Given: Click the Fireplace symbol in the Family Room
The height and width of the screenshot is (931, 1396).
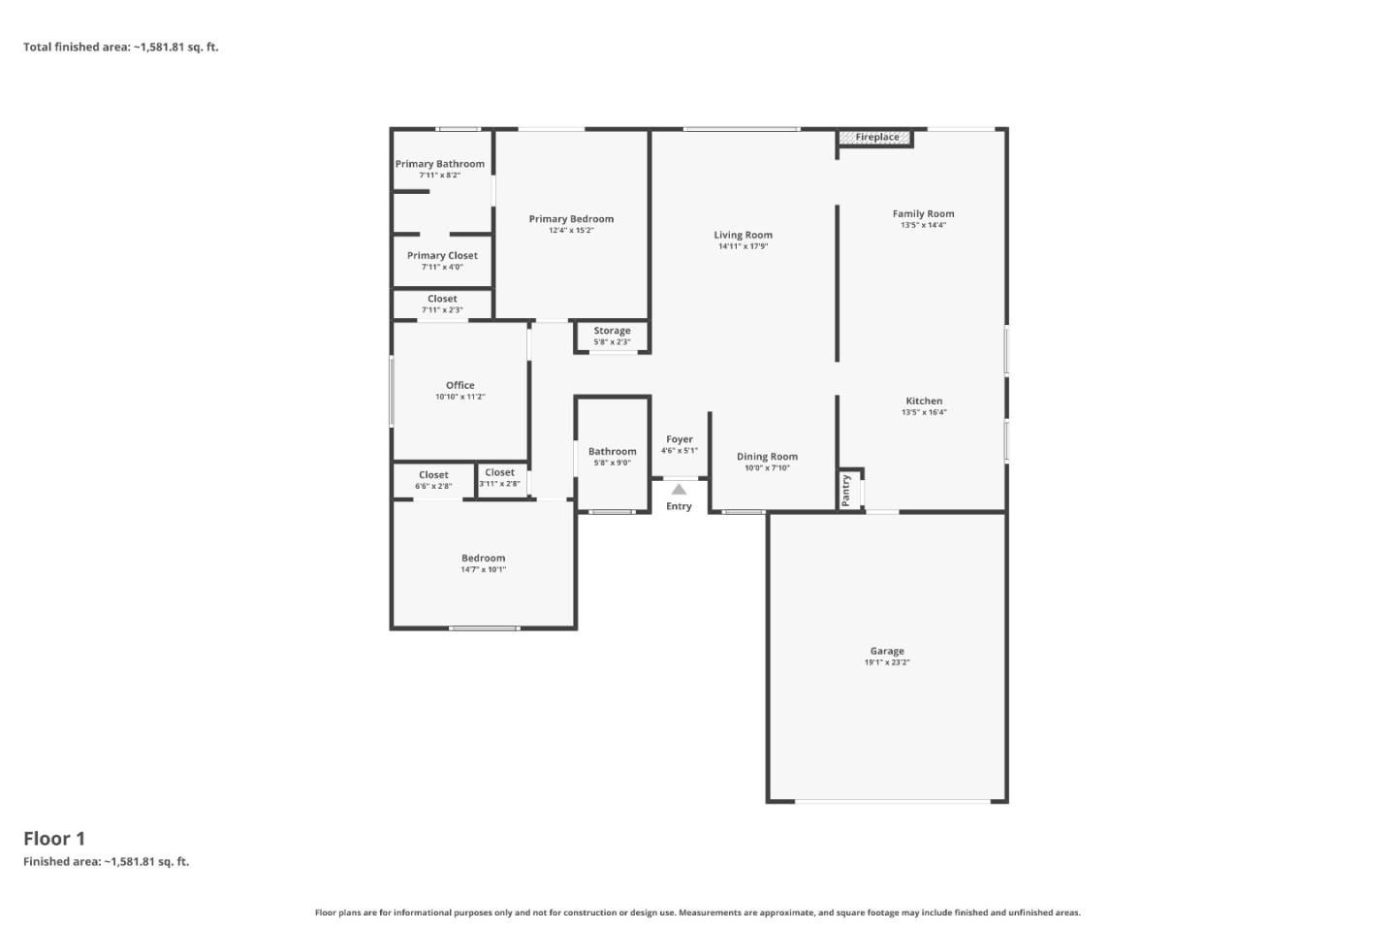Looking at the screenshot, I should [x=875, y=138].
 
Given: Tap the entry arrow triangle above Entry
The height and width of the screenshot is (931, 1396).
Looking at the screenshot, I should [x=679, y=490].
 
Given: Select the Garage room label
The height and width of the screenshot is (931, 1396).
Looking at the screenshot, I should [x=886, y=652].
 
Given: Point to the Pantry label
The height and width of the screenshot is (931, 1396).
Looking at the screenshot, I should [x=846, y=490].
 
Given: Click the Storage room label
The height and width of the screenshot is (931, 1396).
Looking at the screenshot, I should [x=612, y=331].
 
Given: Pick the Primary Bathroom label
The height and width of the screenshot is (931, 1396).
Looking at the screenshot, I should [x=439, y=164].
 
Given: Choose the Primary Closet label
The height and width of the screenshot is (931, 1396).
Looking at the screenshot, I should [x=442, y=256].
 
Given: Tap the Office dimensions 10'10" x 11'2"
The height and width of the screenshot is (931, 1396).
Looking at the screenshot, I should [x=460, y=397].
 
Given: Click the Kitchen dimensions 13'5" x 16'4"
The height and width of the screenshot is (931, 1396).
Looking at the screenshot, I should [x=923, y=412].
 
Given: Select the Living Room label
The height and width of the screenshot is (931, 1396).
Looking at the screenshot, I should [x=743, y=235].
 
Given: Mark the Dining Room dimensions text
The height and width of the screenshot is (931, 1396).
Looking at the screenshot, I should [x=767, y=467].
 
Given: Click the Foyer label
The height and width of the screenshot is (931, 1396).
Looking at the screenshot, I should [x=679, y=439].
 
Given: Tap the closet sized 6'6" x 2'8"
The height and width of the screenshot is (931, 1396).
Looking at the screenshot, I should [x=433, y=480].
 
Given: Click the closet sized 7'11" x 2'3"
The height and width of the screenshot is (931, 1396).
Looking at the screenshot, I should [x=442, y=305].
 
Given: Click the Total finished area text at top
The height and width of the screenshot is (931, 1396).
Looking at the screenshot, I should [x=121, y=47].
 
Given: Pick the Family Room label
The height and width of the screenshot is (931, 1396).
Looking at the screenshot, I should [x=923, y=213].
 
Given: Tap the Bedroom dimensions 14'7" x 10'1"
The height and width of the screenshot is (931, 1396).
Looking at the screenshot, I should [x=483, y=569].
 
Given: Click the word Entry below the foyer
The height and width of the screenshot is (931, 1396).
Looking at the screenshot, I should [x=679, y=506].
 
